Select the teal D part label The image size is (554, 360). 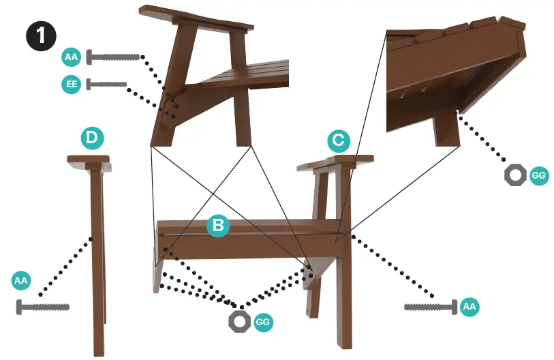click(x=92, y=139)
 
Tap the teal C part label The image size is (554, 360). click(x=339, y=142)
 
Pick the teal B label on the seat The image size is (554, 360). click(x=217, y=226)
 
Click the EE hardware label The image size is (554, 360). click(x=70, y=85)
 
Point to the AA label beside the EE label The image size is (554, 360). click(x=71, y=57)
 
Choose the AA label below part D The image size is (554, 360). click(x=21, y=280)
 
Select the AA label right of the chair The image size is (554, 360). click(x=469, y=307)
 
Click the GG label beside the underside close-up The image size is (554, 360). click(x=538, y=176)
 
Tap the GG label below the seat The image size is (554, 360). click(x=262, y=322)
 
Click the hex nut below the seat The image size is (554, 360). click(x=239, y=321)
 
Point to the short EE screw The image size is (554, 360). click(x=108, y=85)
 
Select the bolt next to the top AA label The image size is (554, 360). click(x=113, y=57)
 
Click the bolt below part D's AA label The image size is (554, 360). click(x=42, y=307)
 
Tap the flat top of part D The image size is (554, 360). click(x=89, y=159)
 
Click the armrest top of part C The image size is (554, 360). click(x=335, y=162)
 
